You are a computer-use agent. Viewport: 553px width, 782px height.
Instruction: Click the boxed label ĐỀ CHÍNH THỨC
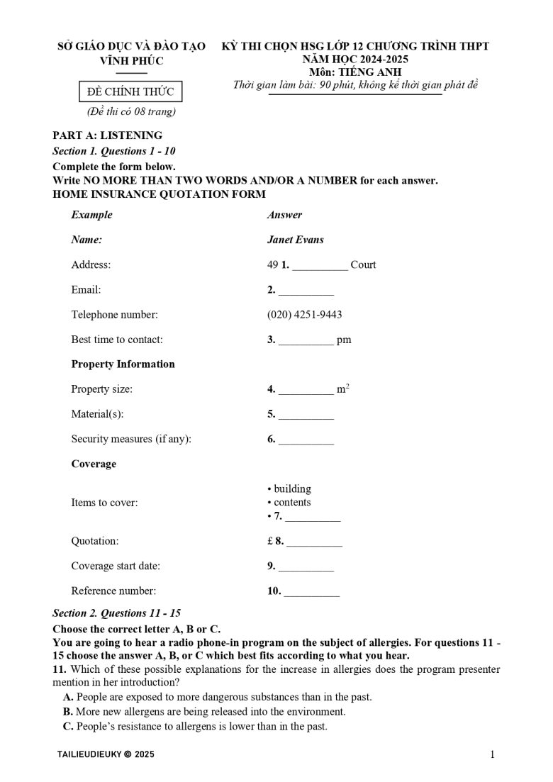point(125,91)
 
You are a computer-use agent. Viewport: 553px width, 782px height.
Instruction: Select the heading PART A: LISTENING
point(107,135)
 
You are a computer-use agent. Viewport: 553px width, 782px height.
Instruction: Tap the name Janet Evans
point(295,240)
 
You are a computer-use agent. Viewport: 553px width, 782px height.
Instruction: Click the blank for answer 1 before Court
point(320,266)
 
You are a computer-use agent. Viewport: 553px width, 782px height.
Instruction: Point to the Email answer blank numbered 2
point(306,291)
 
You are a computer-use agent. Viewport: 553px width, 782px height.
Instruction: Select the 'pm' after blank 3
point(344,340)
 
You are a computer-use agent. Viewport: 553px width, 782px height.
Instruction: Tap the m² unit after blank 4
point(343,389)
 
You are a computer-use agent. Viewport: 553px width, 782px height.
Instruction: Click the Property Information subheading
point(123,364)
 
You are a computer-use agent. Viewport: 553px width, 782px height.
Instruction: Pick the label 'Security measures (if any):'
point(131,439)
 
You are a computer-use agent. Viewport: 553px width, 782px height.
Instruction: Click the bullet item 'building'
point(292,488)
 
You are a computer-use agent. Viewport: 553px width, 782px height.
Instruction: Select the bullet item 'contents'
point(292,503)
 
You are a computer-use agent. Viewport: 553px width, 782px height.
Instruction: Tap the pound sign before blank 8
point(270,541)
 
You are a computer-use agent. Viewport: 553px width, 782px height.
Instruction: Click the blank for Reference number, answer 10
point(312,591)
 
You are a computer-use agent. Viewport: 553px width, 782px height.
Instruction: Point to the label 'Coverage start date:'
point(116,566)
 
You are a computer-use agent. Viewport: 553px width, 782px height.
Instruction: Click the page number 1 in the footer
point(492,755)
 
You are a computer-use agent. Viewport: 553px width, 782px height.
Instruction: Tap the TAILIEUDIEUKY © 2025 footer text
point(105,755)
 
